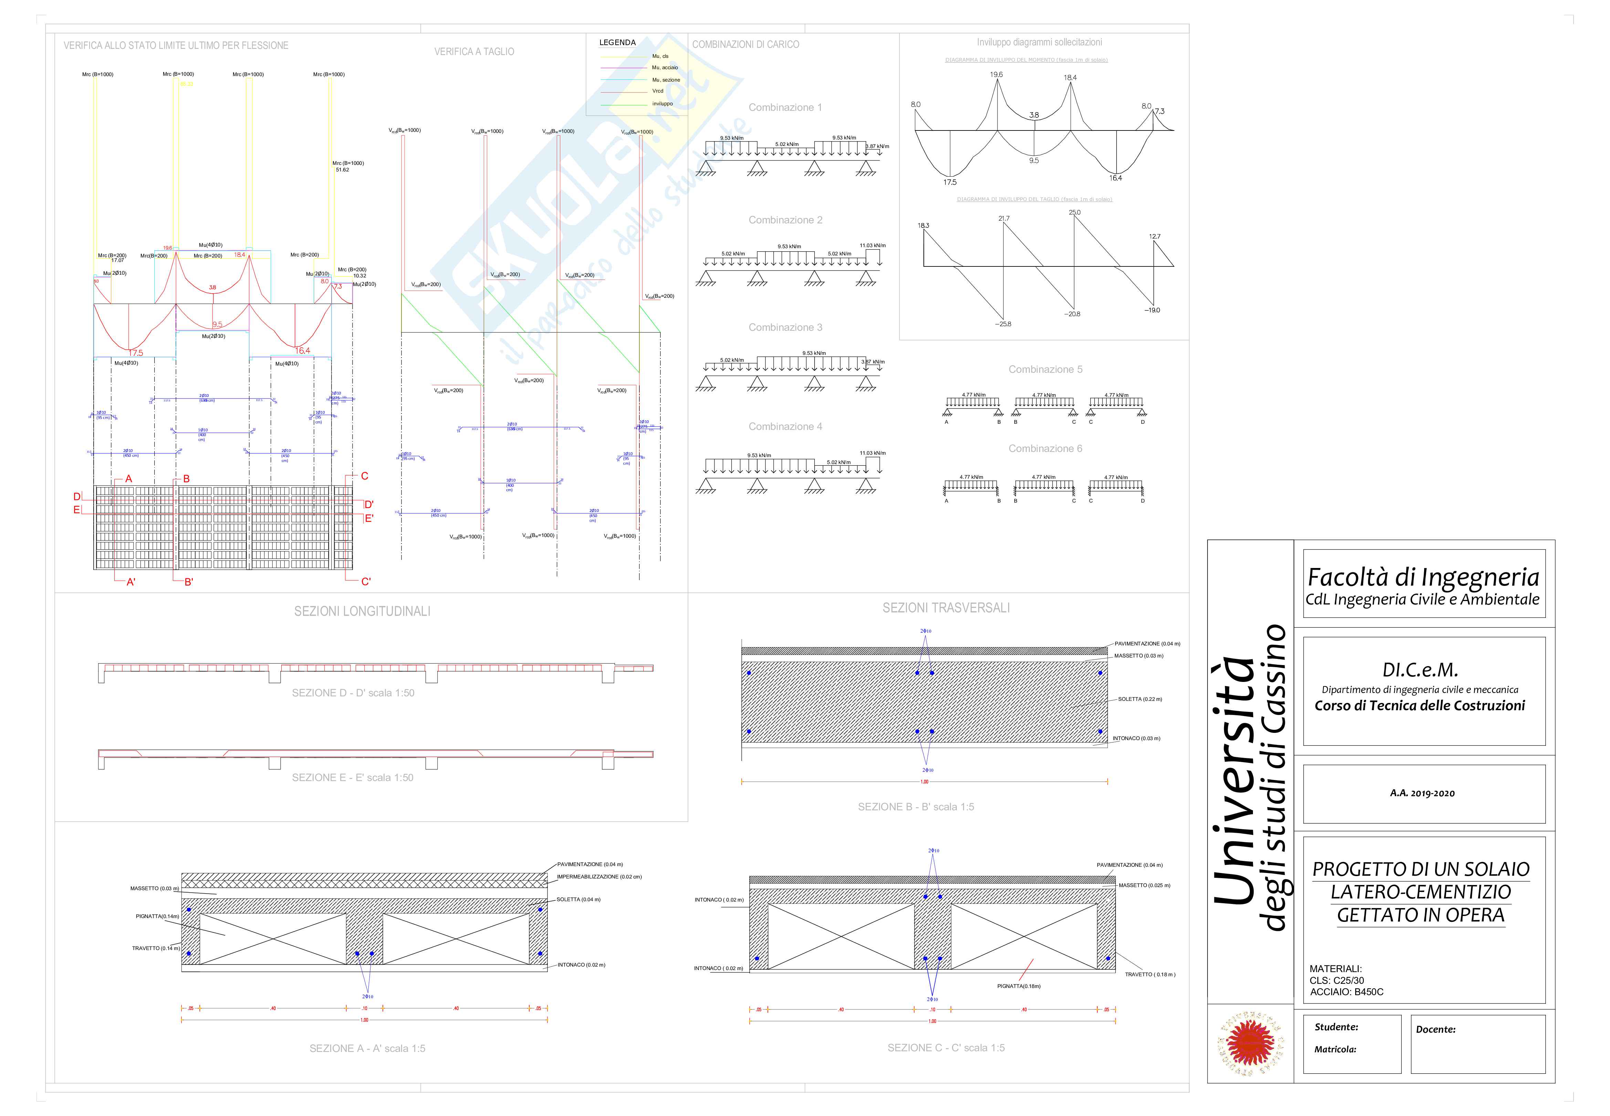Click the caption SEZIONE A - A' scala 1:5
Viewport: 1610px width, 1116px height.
[367, 1048]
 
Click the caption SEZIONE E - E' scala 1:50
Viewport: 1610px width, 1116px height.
[353, 778]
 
